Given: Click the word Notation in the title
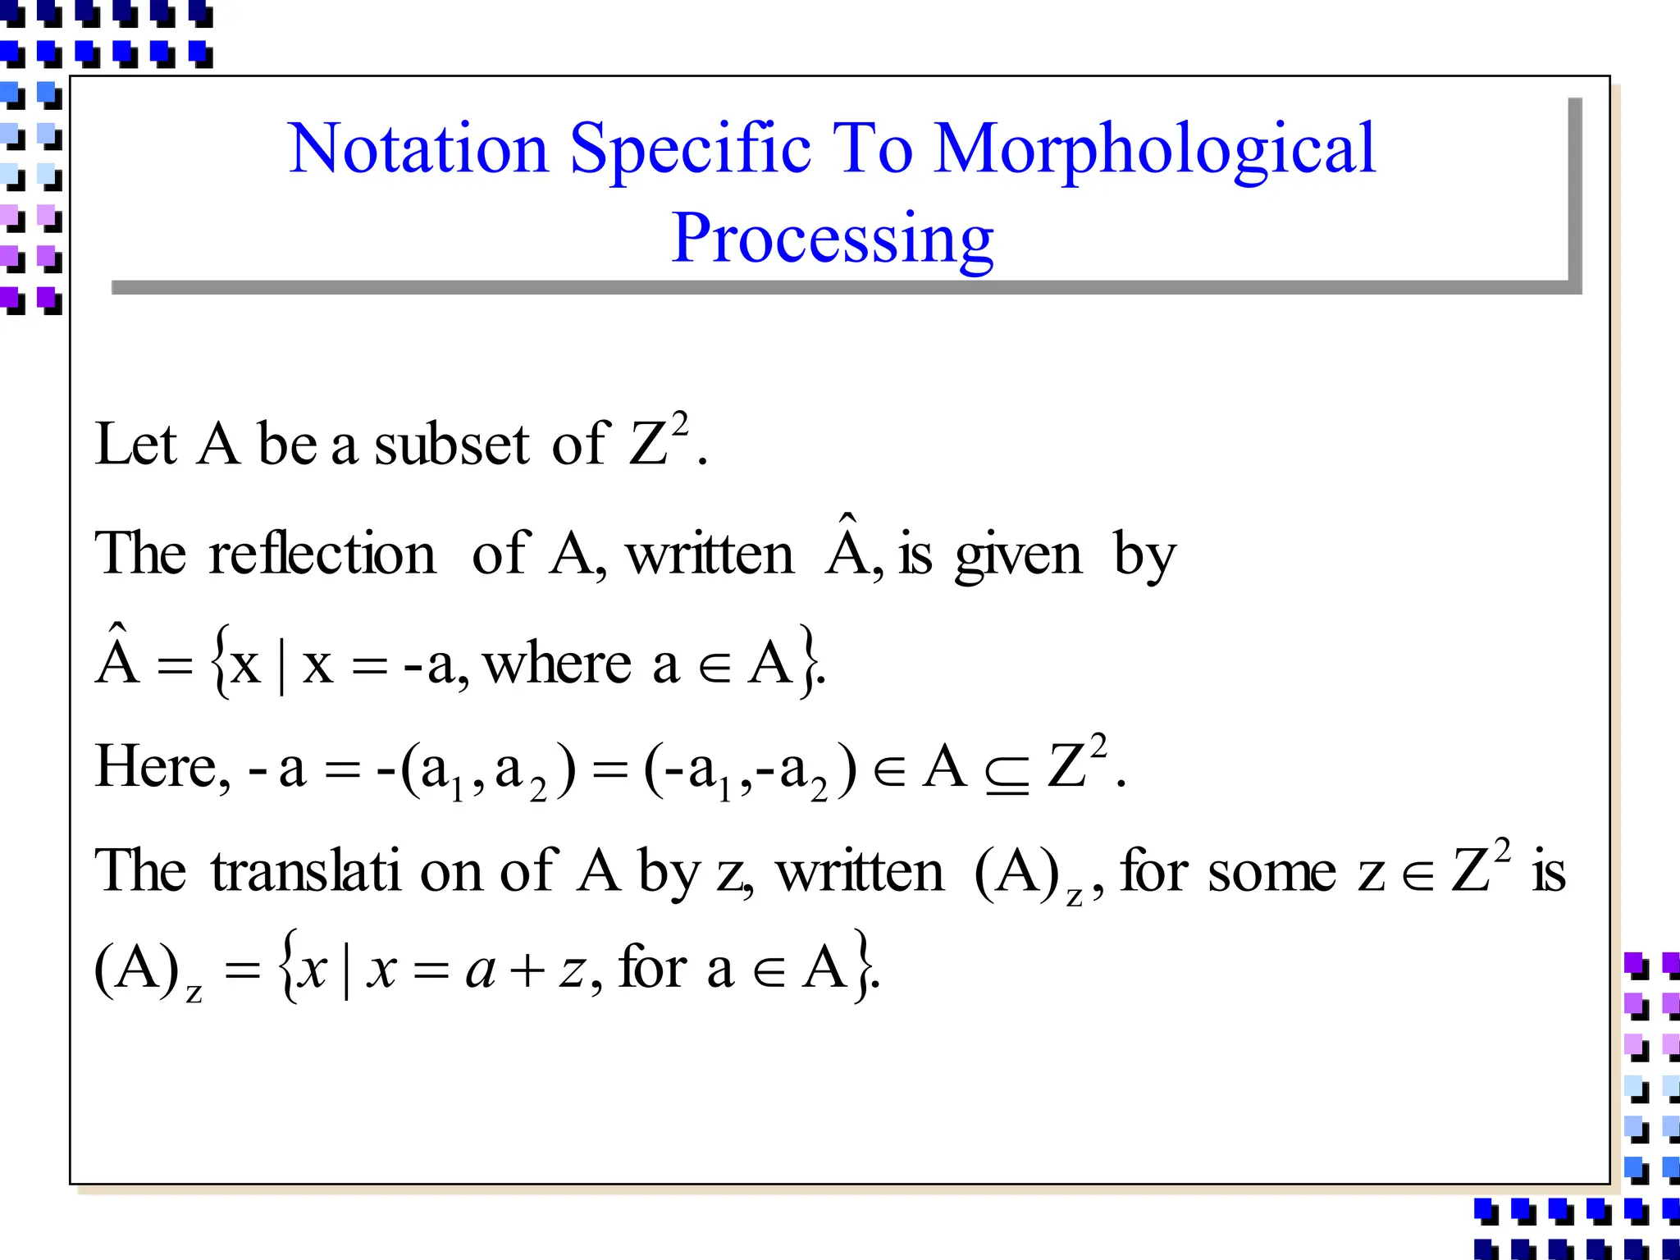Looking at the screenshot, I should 418,148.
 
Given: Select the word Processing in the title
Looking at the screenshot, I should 833,240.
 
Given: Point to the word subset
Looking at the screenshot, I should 452,444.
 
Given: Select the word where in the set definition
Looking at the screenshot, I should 558,663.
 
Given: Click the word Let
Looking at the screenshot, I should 135,444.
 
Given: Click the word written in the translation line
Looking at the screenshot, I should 860,871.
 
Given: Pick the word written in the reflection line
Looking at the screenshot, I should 710,555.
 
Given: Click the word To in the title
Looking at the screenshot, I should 872,148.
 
